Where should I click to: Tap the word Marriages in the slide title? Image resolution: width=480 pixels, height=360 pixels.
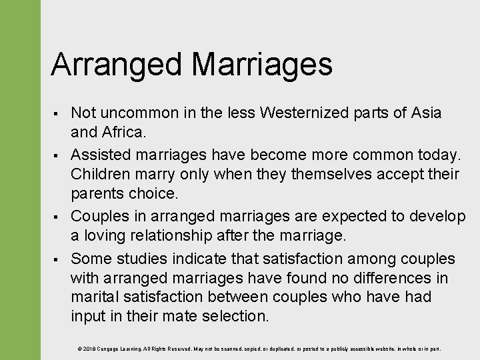(261, 65)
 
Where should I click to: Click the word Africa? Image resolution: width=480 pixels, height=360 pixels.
(123, 132)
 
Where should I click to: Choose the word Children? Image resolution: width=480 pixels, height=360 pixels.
(103, 174)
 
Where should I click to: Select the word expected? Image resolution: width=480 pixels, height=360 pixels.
(352, 216)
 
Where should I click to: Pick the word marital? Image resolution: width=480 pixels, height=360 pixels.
(93, 297)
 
